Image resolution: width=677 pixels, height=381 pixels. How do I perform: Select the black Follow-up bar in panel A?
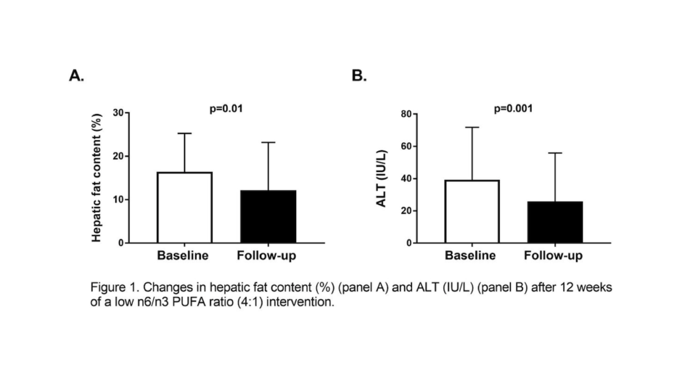click(x=268, y=216)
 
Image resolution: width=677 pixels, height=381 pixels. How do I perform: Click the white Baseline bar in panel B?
click(x=472, y=211)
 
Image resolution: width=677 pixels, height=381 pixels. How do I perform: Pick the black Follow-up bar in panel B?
click(x=555, y=222)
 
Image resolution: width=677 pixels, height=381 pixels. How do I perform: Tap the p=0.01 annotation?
click(x=225, y=108)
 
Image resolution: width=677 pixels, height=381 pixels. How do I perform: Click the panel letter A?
click(x=76, y=76)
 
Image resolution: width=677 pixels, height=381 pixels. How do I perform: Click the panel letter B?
click(x=359, y=76)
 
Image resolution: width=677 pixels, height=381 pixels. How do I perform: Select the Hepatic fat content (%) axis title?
click(x=97, y=177)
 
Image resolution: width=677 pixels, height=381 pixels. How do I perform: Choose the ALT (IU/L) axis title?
click(x=381, y=179)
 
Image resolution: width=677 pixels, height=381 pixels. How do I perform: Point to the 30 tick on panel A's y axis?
click(x=117, y=113)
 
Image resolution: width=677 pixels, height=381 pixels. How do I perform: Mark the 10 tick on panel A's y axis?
click(x=117, y=200)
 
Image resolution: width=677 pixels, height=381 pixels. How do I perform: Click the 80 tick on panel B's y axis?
click(x=406, y=114)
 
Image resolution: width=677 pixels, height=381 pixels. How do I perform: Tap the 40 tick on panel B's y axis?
click(x=406, y=179)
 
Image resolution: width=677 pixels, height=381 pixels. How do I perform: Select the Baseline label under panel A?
click(x=183, y=255)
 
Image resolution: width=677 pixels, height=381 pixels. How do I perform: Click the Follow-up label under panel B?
click(x=554, y=255)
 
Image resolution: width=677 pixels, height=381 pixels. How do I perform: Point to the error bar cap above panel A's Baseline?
click(x=184, y=134)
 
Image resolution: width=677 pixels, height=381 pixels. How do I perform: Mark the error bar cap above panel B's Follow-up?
click(x=555, y=153)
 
